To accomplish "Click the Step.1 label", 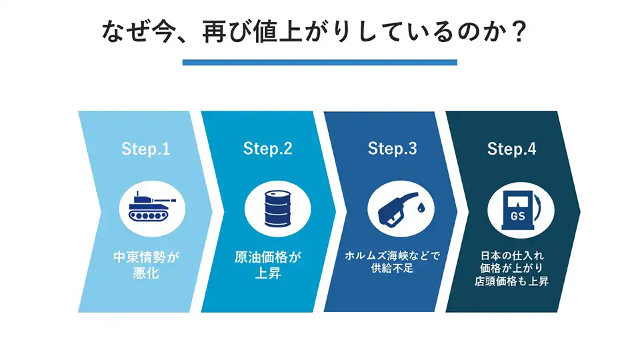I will click(x=145, y=149).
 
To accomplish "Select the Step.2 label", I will click(x=267, y=149).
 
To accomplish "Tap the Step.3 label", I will click(x=392, y=149).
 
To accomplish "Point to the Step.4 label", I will click(x=511, y=149).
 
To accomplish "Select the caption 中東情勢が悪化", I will click(x=146, y=265).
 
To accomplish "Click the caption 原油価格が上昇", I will click(x=268, y=265).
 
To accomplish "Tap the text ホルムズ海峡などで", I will click(x=392, y=256).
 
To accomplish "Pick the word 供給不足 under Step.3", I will click(x=392, y=270).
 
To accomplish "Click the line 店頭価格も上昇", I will click(x=513, y=281).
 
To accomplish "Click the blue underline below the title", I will click(x=320, y=63).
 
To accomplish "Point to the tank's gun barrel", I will click(x=165, y=199).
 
